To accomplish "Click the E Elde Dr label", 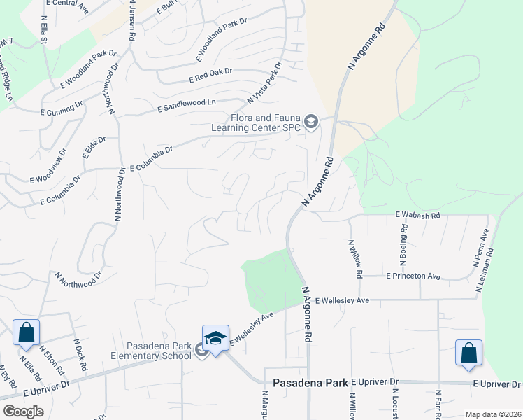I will pyautogui.click(x=94, y=148).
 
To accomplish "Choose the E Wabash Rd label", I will pyautogui.click(x=417, y=215).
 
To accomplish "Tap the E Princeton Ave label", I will pyautogui.click(x=413, y=277).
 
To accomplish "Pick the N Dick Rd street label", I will pyautogui.click(x=80, y=355).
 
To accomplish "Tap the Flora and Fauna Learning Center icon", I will pyautogui.click(x=310, y=124).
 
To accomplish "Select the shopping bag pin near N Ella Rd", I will pyautogui.click(x=26, y=332).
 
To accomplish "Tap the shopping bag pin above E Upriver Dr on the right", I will pyautogui.click(x=468, y=353).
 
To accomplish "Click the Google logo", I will pyautogui.click(x=23, y=412).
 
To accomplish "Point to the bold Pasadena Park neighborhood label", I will pyautogui.click(x=310, y=384).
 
